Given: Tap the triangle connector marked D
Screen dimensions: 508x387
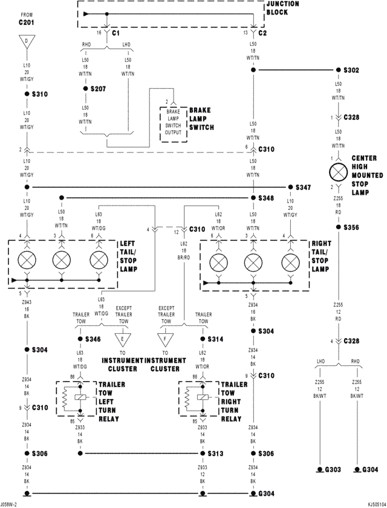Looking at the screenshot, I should (x=27, y=42).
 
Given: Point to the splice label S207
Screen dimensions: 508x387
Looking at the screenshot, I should (x=98, y=89).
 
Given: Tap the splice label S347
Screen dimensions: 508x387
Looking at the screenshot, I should (x=304, y=187).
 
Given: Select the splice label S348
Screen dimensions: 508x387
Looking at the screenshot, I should (x=266, y=198).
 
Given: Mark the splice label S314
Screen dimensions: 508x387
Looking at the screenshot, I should (x=216, y=340).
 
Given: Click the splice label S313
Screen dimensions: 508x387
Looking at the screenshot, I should (x=216, y=454).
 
